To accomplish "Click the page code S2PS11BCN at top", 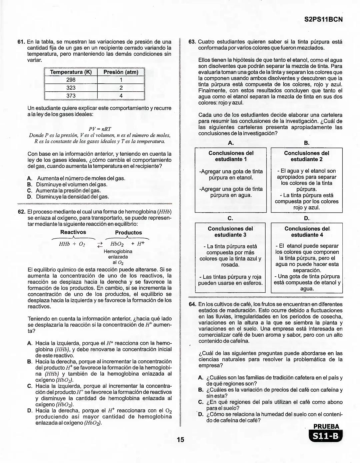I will coord(323,19).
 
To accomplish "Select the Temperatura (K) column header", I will coord(71,72).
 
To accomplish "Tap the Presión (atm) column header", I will coord(121,72).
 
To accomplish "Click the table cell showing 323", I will coord(71,88).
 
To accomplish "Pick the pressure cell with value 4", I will coord(121,96).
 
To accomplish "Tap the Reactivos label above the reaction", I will coord(73,232).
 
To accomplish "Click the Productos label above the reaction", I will coord(128,233).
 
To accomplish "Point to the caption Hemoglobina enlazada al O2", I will coord(118,257).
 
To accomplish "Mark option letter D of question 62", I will coord(30,411).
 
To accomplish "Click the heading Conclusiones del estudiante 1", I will coord(231,156).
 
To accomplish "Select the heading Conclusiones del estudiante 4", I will coord(307,232).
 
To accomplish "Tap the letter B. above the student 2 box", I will coord(307,143).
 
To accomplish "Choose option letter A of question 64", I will coord(201,378).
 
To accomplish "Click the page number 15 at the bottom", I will coord(180,440).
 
